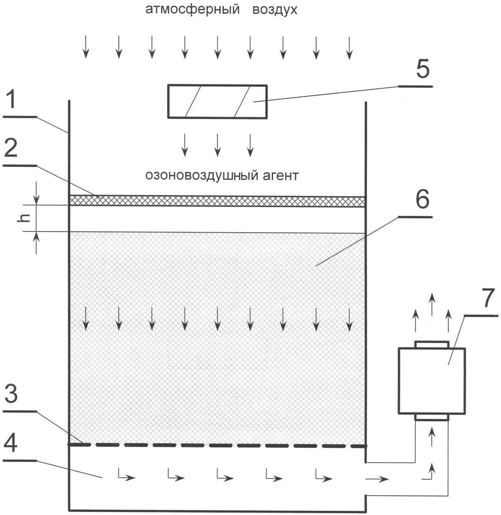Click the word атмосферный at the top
(193, 10)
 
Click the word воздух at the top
(275, 10)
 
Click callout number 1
(12, 100)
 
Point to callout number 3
(11, 394)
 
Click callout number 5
(423, 69)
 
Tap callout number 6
(422, 200)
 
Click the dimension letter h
(23, 218)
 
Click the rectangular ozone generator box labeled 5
(218, 101)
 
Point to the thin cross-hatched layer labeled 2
(218, 201)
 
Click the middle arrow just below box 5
(218, 145)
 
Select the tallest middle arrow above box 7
(432, 304)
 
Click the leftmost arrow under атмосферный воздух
(86, 47)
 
